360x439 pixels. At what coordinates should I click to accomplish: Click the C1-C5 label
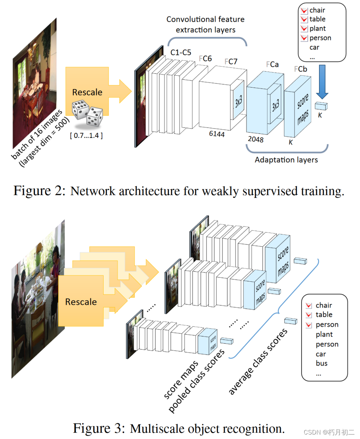point(181,53)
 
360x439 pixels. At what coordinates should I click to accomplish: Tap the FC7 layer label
point(231,61)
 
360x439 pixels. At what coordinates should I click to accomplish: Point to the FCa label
point(272,64)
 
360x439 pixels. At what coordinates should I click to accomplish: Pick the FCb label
point(301,69)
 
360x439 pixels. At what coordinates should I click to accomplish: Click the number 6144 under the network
point(217,134)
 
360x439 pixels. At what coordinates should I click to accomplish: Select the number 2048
point(255,139)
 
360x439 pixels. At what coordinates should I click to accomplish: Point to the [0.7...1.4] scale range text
point(86,136)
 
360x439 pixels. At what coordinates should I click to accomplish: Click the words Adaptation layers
point(286,160)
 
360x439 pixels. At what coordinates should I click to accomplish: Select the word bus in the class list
point(322,363)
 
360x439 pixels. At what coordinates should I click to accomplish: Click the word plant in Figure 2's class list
point(318,28)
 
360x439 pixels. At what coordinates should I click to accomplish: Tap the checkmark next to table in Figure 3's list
point(308,315)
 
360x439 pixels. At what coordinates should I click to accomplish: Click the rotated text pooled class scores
point(196,381)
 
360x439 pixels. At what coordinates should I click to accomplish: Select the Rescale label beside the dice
point(87,92)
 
